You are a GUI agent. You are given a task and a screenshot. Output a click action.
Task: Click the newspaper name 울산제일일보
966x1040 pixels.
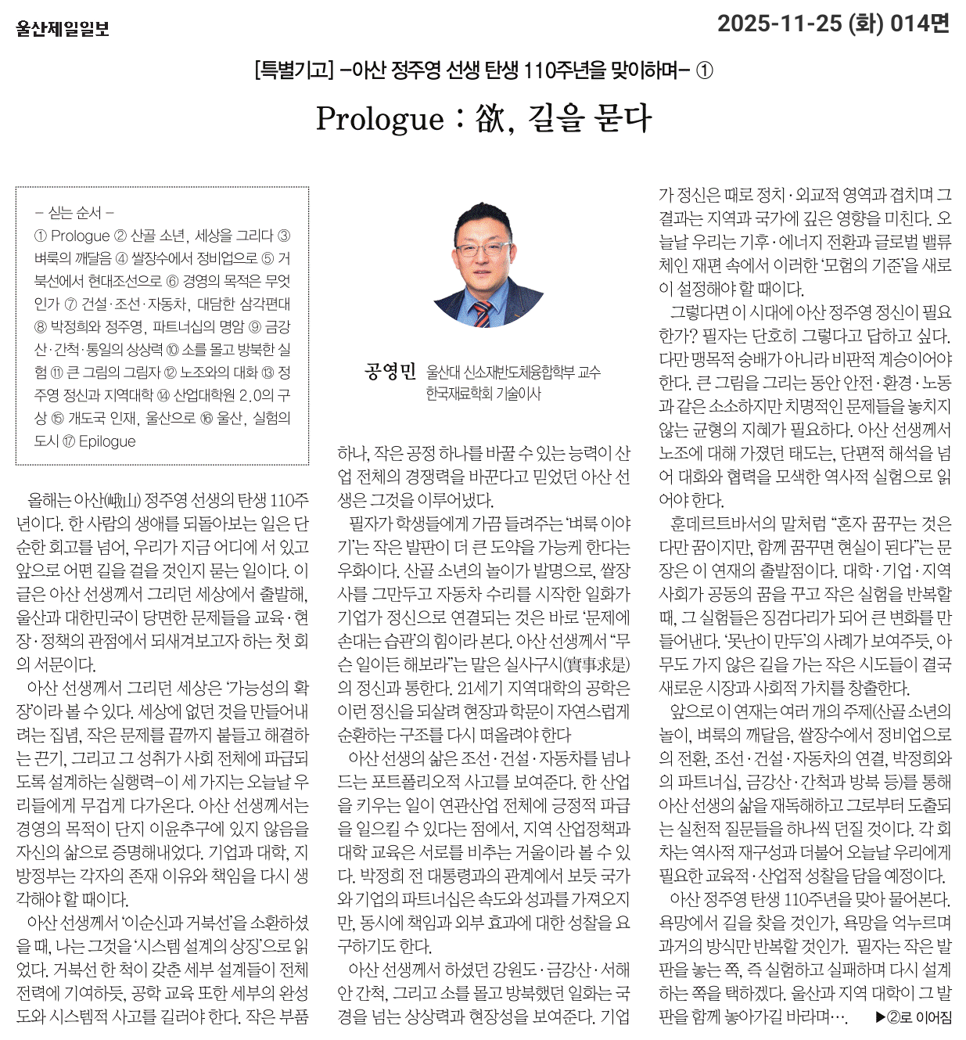63,29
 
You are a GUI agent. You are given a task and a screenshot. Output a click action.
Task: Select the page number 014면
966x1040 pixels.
920,23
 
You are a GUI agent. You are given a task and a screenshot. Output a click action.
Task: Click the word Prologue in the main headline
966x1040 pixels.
380,119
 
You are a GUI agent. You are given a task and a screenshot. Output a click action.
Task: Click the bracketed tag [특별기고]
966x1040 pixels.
294,70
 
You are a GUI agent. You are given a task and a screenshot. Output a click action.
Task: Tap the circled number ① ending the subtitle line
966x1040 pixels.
704,70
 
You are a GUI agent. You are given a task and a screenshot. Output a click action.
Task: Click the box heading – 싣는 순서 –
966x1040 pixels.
75,213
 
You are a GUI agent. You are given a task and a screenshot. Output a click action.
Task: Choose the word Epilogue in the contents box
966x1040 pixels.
107,441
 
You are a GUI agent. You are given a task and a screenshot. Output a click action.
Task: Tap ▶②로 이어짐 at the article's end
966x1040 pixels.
913,1017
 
